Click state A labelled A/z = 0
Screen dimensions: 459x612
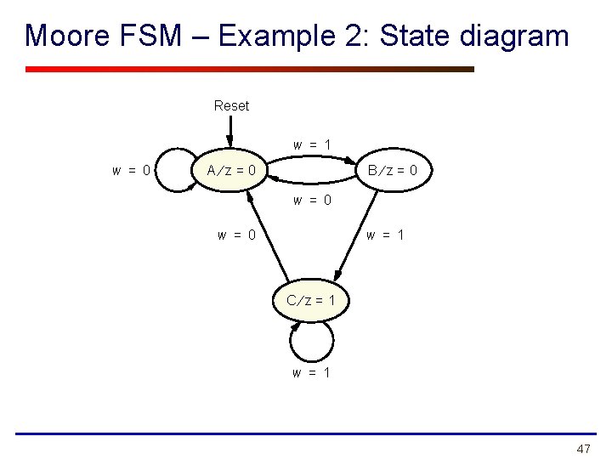pyautogui.click(x=231, y=171)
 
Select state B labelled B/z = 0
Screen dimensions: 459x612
pyautogui.click(x=392, y=171)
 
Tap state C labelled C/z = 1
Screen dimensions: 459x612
pyautogui.click(x=310, y=300)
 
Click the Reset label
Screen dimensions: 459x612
pyautogui.click(x=231, y=106)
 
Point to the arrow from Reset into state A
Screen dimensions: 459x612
pyautogui.click(x=230, y=131)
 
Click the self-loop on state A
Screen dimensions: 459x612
pyautogui.click(x=175, y=170)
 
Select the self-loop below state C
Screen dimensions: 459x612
pyautogui.click(x=310, y=343)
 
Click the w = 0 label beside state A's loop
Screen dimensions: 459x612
pyautogui.click(x=132, y=171)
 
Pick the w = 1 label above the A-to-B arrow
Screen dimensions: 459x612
pyautogui.click(x=312, y=145)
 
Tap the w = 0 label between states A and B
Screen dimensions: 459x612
pyautogui.click(x=312, y=201)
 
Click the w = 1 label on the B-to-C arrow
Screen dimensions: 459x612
pyautogui.click(x=385, y=235)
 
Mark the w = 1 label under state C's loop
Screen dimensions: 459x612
pyautogui.click(x=312, y=372)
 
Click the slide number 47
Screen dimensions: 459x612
pyautogui.click(x=583, y=448)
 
